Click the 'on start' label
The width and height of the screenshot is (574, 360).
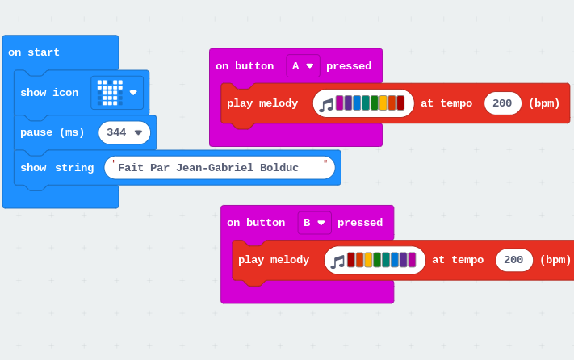tap(34, 52)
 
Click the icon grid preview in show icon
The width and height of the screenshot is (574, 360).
tap(110, 93)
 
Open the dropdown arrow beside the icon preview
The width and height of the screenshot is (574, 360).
tap(133, 93)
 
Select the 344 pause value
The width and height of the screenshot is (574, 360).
tap(116, 132)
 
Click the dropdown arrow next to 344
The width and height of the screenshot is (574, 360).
tap(138, 132)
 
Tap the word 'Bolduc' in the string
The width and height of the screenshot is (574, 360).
tap(279, 168)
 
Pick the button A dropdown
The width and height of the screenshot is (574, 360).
tap(303, 66)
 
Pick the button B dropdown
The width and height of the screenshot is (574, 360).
tap(315, 223)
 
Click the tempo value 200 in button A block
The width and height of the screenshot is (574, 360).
tap(502, 103)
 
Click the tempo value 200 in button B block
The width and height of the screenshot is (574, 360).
tap(513, 260)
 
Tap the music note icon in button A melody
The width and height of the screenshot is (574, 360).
tap(326, 106)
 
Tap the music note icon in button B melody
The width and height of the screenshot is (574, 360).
tap(337, 262)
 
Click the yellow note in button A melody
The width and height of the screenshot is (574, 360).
tap(383, 103)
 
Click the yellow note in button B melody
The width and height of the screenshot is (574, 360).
tap(368, 260)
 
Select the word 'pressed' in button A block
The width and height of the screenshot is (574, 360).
tap(349, 66)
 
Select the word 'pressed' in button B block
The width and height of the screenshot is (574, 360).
tap(360, 223)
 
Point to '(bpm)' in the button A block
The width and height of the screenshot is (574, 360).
tap(544, 103)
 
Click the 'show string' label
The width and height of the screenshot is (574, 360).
tap(57, 168)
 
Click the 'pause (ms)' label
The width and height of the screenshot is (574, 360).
tap(52, 132)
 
